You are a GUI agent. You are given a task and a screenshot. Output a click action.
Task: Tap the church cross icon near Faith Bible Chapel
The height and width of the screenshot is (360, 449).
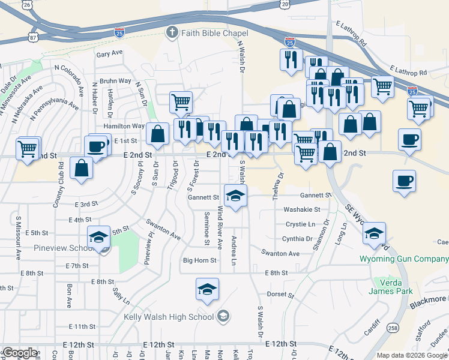click(172, 32)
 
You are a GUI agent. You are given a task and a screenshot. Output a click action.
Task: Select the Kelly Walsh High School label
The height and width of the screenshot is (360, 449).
click(169, 317)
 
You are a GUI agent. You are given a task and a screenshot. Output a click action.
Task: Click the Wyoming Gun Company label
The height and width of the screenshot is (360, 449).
click(403, 259)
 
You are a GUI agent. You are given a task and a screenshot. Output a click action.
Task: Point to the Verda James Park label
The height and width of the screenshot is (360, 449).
click(397, 287)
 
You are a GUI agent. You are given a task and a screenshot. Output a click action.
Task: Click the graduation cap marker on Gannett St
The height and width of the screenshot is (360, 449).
click(235, 195)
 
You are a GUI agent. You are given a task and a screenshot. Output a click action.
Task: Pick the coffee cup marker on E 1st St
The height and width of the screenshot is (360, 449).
click(96, 146)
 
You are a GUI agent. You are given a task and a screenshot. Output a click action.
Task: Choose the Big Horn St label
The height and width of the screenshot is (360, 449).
click(199, 260)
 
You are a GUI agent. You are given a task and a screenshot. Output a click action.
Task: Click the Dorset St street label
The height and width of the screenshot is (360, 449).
click(279, 294)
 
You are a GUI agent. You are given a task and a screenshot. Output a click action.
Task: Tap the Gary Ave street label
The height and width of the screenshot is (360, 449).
click(109, 53)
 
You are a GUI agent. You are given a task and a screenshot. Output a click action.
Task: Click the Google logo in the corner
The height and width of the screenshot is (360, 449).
click(20, 353)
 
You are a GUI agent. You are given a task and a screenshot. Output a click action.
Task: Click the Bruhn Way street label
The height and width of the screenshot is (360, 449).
click(115, 81)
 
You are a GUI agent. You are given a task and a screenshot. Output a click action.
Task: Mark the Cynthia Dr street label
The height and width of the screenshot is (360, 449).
click(297, 238)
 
